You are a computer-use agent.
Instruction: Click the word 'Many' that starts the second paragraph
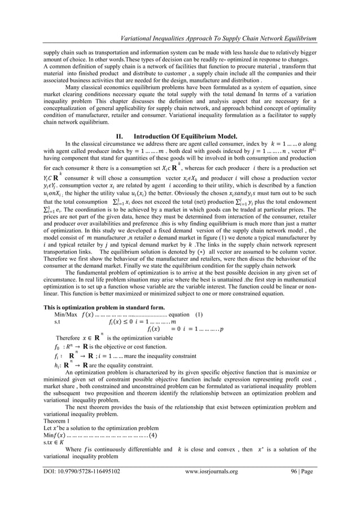[76, 87]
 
